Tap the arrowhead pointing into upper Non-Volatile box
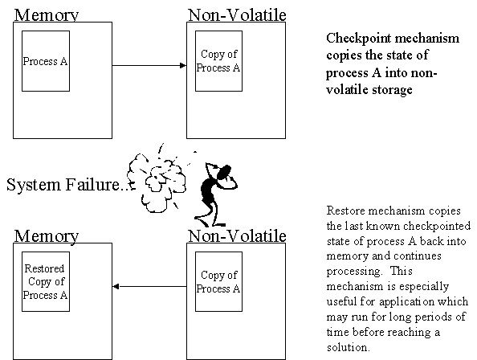click(x=183, y=65)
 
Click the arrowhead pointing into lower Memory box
click(x=116, y=286)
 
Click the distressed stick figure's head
click(x=223, y=172)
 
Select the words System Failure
click(x=63, y=185)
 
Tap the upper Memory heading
click(x=47, y=15)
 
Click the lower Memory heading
click(x=47, y=235)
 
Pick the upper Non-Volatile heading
click(x=237, y=15)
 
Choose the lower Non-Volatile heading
click(x=237, y=235)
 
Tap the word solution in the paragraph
click(x=348, y=347)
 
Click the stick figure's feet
click(x=210, y=222)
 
